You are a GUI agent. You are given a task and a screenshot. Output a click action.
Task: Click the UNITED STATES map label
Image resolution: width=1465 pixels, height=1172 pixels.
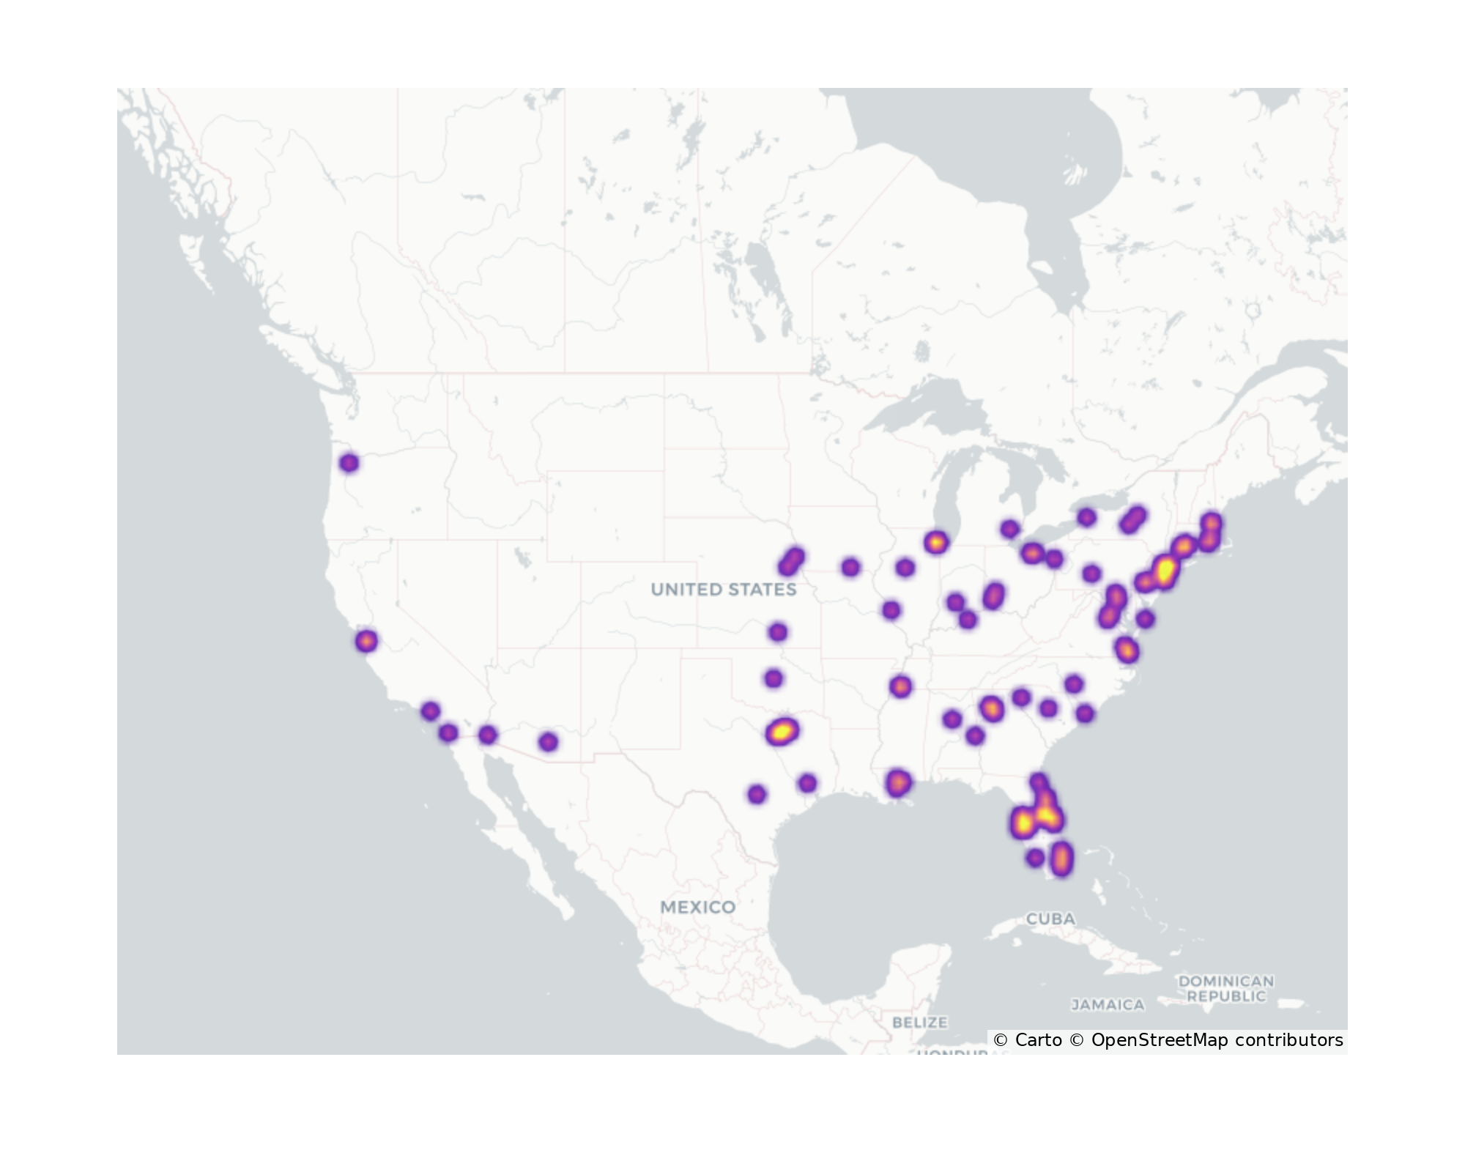(723, 590)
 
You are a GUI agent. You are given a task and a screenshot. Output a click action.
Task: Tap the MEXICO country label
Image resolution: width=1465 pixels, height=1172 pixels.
(697, 907)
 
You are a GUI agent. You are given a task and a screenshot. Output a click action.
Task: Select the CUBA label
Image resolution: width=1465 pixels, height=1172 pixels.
(1050, 919)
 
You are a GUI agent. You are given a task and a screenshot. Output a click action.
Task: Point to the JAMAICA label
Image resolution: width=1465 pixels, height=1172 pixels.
(1108, 1004)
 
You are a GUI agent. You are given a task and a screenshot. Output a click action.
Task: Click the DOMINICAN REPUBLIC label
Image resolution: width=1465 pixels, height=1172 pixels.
(1225, 988)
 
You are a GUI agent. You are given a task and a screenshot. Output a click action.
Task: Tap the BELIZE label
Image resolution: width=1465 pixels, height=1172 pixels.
(919, 1022)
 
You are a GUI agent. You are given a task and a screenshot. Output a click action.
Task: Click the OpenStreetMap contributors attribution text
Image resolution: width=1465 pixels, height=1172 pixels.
(1216, 1040)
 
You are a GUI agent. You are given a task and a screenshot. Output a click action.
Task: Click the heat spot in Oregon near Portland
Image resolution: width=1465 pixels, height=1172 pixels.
(349, 463)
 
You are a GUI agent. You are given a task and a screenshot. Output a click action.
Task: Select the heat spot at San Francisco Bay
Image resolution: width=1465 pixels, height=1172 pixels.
(367, 642)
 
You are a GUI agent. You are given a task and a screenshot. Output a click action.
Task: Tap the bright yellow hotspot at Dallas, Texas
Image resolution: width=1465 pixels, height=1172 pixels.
(782, 731)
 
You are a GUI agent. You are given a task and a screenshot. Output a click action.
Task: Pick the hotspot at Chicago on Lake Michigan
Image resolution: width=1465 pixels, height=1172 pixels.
(935, 543)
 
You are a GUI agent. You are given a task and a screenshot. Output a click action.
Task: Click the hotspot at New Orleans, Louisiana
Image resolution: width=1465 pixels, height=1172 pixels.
(898, 783)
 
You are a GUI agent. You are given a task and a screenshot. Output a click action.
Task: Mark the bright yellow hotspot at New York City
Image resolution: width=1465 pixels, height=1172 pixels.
(1165, 570)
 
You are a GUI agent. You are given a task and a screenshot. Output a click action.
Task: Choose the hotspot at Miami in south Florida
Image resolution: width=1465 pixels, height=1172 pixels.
(1061, 858)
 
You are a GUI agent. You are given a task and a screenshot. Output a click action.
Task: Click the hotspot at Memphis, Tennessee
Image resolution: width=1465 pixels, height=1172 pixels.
(900, 686)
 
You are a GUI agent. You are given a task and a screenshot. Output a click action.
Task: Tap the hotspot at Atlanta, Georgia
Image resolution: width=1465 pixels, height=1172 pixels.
(991, 708)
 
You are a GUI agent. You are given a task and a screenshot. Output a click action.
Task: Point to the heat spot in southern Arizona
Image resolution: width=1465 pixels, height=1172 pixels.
(548, 742)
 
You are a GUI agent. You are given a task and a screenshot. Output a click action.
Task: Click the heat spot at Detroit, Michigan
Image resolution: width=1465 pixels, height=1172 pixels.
(1031, 553)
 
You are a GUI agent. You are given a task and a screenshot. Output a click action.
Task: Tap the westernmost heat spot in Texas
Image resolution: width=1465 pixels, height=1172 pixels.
(757, 794)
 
